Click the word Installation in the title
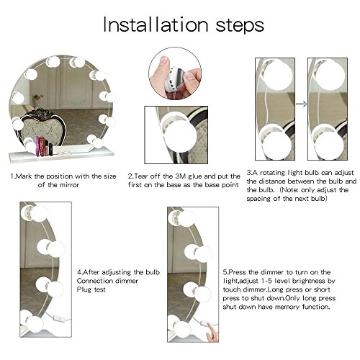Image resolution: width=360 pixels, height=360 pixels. tap(156, 24)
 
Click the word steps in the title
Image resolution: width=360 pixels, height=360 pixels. tap(240, 26)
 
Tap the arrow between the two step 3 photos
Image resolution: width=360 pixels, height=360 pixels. tap(301, 104)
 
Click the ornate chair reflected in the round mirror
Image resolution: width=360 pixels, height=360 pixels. tap(42, 127)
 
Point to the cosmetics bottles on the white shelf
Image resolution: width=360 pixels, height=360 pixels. tap(44, 146)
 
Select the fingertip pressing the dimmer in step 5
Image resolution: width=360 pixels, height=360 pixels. tap(210, 325)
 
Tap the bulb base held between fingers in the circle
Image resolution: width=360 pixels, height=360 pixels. tap(174, 77)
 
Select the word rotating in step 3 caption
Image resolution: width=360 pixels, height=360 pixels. tap(273, 173)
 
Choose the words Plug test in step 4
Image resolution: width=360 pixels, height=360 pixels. tap(91, 289)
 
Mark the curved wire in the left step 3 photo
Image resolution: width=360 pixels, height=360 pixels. tap(267, 106)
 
